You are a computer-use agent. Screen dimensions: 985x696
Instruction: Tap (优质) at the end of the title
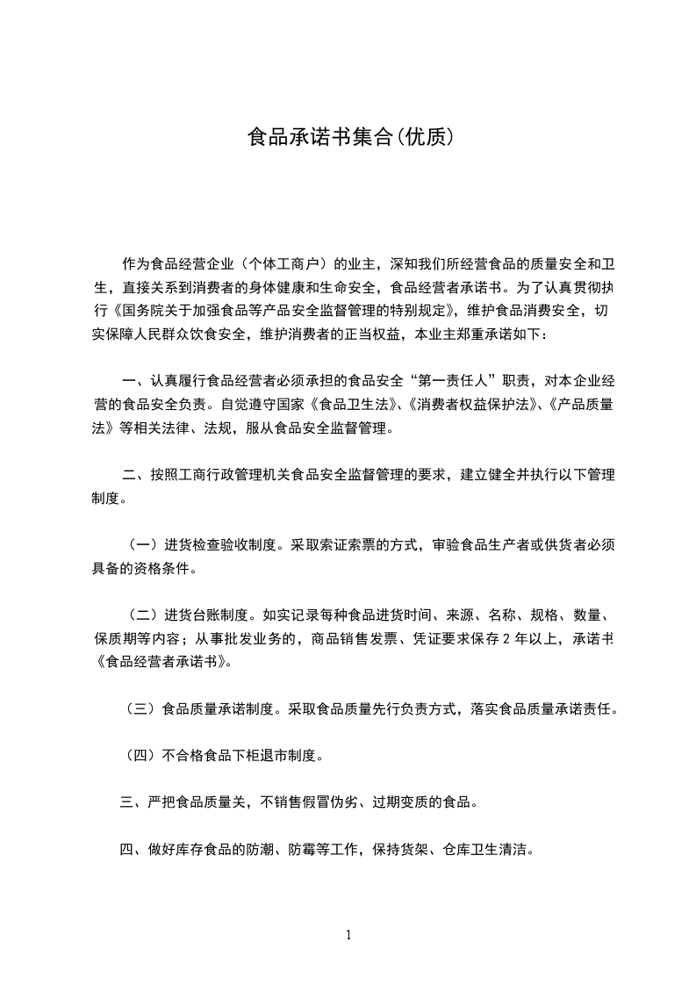coord(425,138)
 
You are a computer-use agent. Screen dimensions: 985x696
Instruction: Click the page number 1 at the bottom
coord(348,935)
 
